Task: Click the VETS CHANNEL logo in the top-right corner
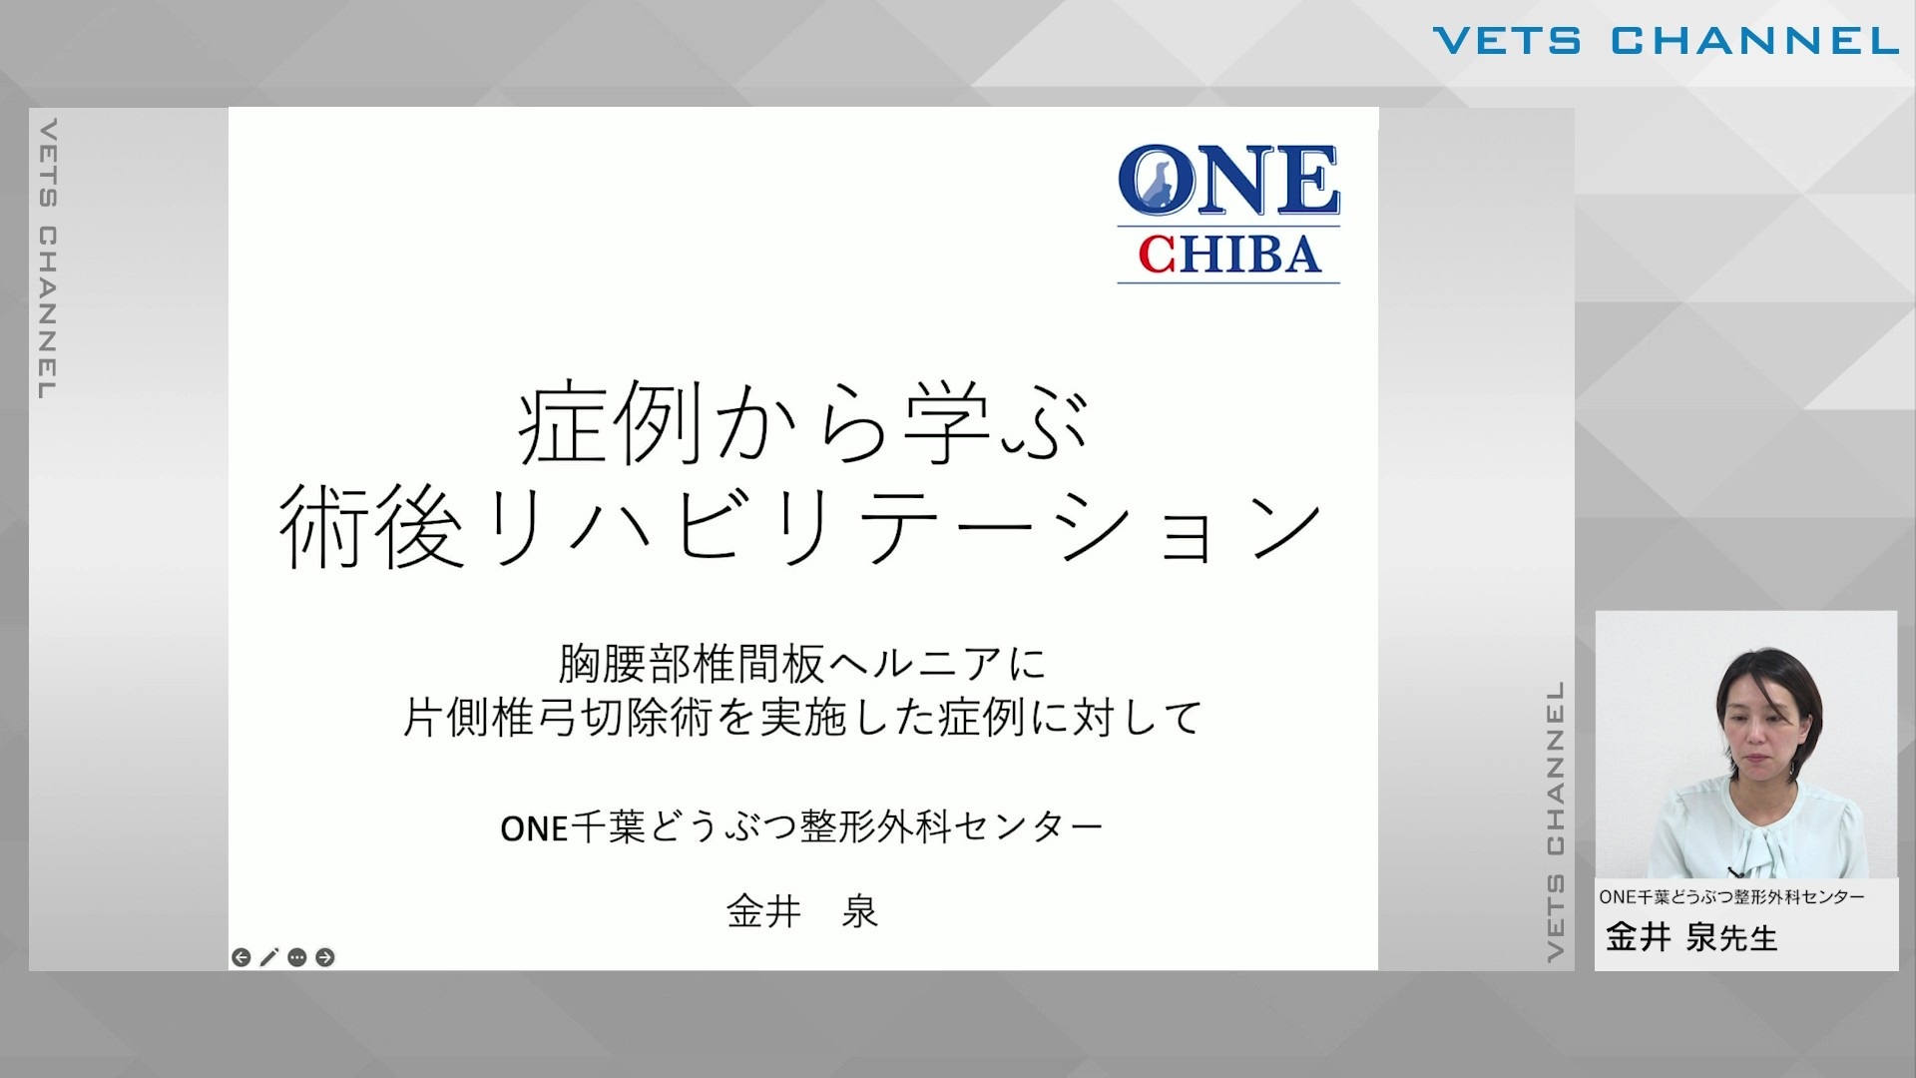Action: pos(1666,41)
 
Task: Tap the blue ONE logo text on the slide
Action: pos(1228,181)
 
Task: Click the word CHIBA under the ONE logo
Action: pos(1229,255)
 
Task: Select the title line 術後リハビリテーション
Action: pos(801,526)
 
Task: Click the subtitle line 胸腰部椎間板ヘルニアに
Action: pos(802,664)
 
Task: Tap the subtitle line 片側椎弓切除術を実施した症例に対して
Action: pos(802,718)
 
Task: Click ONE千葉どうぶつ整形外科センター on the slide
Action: pos(801,826)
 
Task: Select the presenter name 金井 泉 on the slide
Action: pos(802,911)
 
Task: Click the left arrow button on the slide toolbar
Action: pos(241,957)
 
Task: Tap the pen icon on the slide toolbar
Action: pos(268,957)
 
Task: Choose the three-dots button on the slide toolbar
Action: pos(296,957)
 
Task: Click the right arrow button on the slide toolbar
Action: pos(324,957)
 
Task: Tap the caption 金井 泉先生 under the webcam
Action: pos(1691,938)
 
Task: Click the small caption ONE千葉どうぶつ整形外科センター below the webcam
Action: pos(1731,897)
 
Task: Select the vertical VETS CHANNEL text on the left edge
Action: pos(47,260)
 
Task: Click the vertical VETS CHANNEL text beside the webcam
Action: pos(1556,821)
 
